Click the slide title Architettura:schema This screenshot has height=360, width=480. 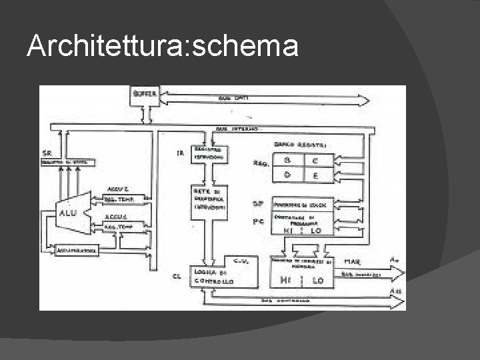click(x=162, y=46)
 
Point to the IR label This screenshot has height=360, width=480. click(x=179, y=154)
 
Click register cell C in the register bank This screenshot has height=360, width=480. click(x=314, y=161)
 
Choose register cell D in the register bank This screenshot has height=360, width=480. click(x=287, y=175)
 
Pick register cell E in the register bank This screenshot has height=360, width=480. click(x=314, y=176)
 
